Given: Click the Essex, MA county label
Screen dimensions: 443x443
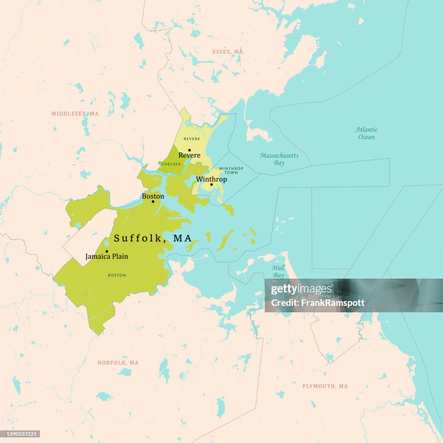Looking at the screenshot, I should [228, 52].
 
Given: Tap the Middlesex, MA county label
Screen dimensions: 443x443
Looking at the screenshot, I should [75, 114].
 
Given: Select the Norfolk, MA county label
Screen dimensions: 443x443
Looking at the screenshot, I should [118, 363].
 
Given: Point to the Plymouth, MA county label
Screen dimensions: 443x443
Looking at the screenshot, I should [325, 386].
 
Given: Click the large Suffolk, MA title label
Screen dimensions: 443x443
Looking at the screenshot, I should [153, 238].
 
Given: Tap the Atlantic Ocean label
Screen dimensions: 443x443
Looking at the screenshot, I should [366, 133].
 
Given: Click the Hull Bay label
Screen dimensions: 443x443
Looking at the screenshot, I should [279, 272].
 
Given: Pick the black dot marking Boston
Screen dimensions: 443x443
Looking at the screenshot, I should [153, 201].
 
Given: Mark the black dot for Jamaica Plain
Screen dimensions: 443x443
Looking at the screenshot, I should [107, 251].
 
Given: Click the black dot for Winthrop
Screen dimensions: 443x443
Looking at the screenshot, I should [212, 185].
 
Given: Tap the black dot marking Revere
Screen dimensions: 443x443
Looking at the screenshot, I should [189, 150].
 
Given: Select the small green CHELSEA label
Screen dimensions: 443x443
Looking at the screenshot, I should [171, 165].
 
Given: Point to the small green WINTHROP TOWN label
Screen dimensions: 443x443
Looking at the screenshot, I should [231, 170].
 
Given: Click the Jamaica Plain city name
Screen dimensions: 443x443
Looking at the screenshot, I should [107, 257].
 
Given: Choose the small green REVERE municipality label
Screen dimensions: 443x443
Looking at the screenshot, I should [192, 139].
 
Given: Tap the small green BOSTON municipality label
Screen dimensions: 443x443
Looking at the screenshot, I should [117, 275].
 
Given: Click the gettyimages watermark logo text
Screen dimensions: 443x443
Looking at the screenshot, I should [302, 289].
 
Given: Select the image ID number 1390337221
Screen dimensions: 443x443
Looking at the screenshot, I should [20, 434].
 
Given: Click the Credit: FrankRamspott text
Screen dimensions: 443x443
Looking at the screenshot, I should [318, 303].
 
